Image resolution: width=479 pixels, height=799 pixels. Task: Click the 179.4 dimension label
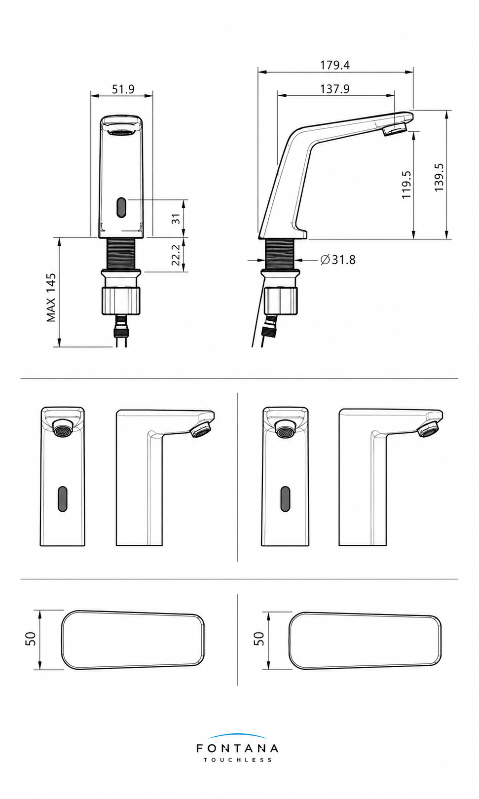(334, 65)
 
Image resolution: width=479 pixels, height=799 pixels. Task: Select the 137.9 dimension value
(334, 89)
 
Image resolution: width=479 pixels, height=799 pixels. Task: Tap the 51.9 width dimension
(123, 89)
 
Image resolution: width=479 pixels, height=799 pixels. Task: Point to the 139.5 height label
(439, 177)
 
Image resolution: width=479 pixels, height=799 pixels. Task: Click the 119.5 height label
(406, 185)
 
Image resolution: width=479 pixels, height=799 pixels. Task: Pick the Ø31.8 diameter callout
(338, 260)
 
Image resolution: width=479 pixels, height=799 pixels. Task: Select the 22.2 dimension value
(176, 255)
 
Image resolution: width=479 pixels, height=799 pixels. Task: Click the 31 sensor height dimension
(176, 219)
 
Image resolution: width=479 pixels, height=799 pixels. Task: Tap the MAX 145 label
(51, 298)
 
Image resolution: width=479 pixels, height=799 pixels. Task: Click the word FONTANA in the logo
(237, 748)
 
